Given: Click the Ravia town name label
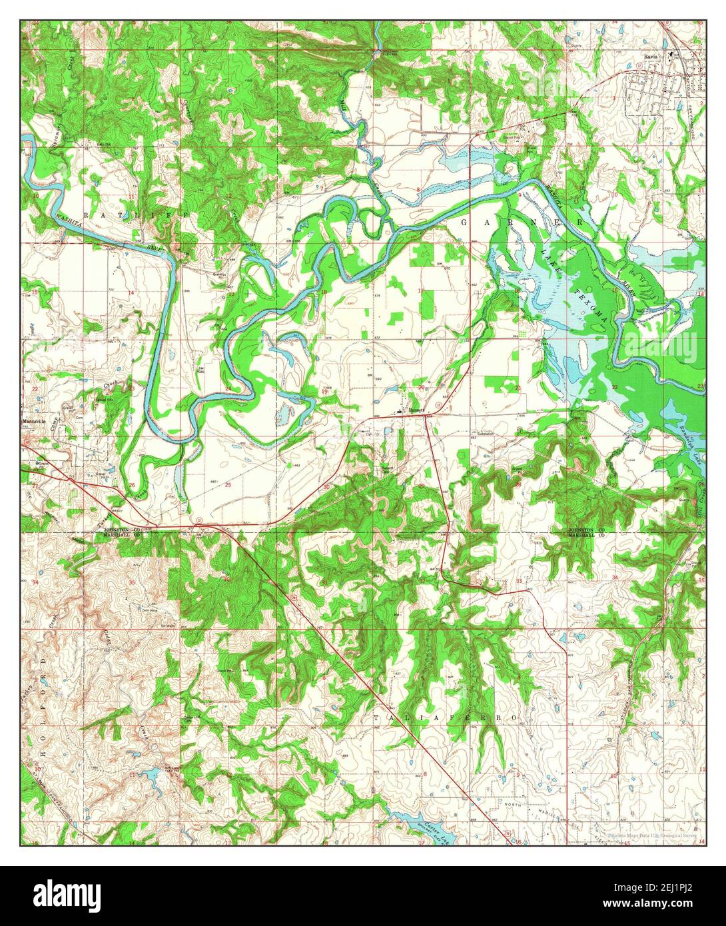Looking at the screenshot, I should coord(651,57).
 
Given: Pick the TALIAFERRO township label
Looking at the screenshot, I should coord(445,717).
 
